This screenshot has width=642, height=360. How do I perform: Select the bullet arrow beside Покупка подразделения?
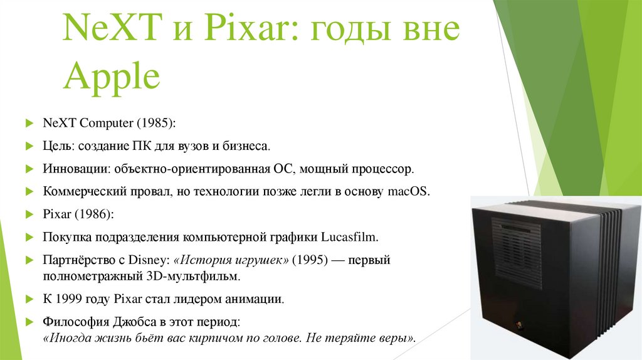coord(28,238)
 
